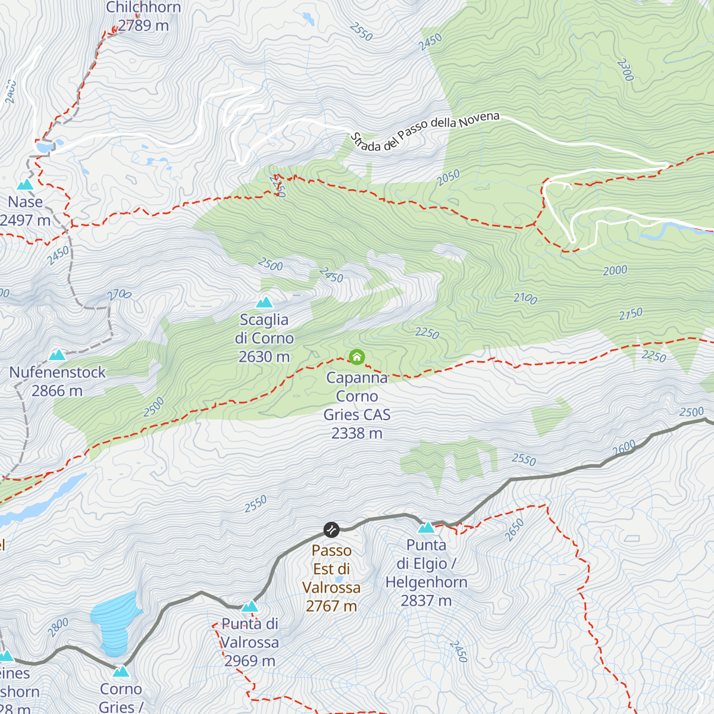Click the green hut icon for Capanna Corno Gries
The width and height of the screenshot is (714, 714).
point(356,357)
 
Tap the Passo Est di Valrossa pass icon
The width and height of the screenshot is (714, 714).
point(331,529)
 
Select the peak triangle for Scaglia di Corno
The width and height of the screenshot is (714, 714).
point(264,303)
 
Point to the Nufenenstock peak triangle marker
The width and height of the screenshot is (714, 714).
point(57,355)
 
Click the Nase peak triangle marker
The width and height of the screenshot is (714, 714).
point(25,185)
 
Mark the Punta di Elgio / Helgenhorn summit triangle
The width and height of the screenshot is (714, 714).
point(426,527)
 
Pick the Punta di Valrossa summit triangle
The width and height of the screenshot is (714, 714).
point(250,607)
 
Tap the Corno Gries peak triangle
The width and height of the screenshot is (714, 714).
point(121,672)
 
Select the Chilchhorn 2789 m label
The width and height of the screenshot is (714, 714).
point(143,17)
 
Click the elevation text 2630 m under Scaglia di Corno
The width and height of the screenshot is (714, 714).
point(264,357)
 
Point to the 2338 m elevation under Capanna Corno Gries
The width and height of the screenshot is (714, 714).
point(357,434)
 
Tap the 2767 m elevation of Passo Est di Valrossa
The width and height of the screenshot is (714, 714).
point(331,606)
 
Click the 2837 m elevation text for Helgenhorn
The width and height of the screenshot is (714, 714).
point(426,601)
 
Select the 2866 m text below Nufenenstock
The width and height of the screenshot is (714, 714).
point(57,391)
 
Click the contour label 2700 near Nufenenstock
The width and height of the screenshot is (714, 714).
point(119,295)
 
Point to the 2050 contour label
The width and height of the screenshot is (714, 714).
point(449,177)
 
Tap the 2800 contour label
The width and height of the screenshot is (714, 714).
point(58,627)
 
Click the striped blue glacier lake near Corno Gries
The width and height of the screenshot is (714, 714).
point(116,622)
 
